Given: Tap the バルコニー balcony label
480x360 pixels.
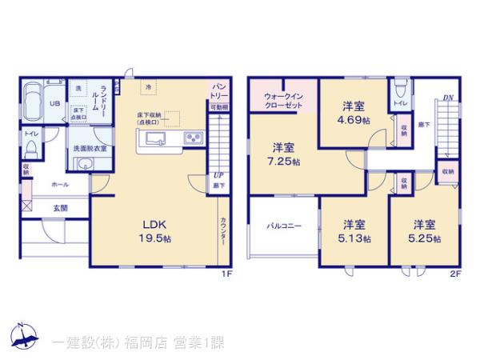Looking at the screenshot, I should [284, 226].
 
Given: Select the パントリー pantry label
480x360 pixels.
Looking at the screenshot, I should [218, 89].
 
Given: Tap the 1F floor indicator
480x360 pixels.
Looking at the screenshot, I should [227, 274].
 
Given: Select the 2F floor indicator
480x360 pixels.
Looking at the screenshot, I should [455, 274].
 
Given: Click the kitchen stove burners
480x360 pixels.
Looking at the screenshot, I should [193, 140].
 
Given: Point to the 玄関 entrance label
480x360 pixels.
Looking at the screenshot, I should [61, 208].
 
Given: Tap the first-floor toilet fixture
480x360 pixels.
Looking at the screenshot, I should [30, 149].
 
